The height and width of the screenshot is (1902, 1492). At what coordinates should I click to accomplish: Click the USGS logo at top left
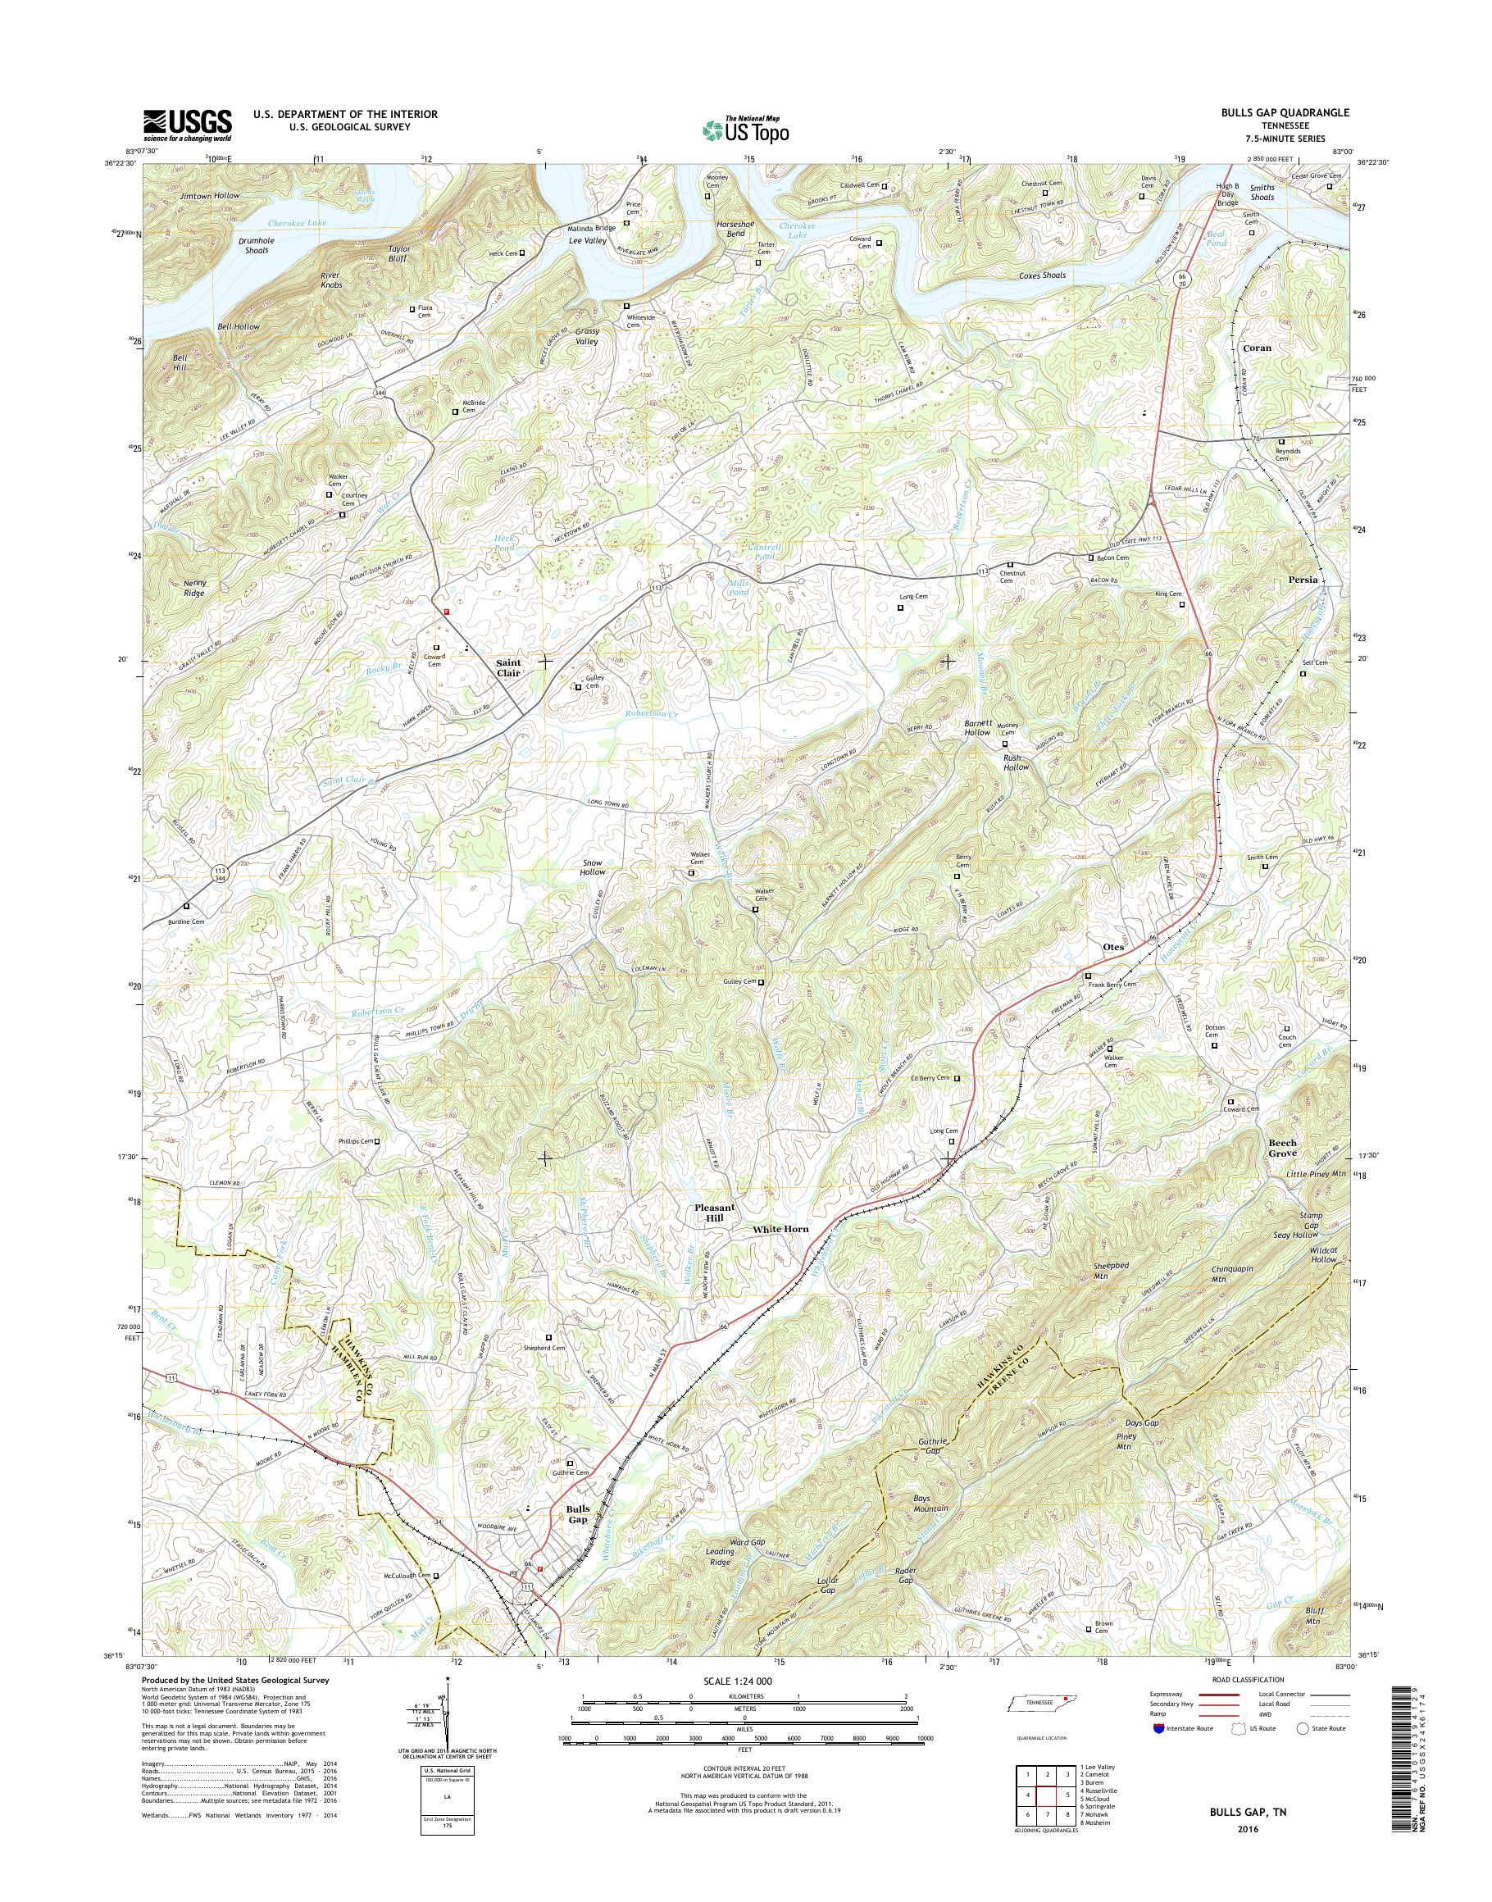(x=187, y=125)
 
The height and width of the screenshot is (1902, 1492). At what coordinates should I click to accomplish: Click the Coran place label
(x=1256, y=347)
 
